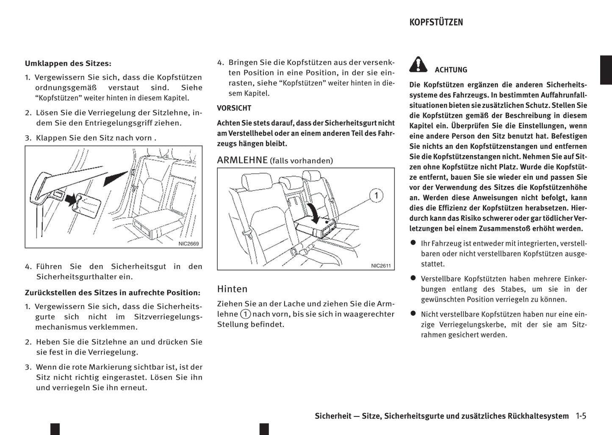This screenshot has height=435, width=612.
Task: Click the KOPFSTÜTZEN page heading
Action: click(x=436, y=22)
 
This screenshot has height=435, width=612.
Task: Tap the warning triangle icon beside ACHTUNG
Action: click(x=418, y=64)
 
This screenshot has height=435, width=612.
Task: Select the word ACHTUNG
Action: click(x=451, y=70)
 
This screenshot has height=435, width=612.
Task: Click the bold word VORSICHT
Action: click(x=234, y=108)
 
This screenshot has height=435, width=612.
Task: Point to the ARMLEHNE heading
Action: click(x=242, y=160)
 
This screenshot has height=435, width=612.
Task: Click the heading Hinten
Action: click(x=232, y=289)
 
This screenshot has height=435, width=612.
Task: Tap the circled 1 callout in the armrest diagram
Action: click(x=376, y=195)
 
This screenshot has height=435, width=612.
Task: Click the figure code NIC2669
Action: click(x=188, y=244)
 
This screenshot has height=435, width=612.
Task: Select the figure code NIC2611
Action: click(x=381, y=266)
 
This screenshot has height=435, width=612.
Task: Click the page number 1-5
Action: click(x=581, y=416)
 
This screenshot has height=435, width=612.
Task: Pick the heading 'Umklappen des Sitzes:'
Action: click(x=68, y=64)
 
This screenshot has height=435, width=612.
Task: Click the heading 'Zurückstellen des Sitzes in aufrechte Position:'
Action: click(x=112, y=293)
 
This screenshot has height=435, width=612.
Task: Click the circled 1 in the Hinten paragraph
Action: click(x=245, y=314)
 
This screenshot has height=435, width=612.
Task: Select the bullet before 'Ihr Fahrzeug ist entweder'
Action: click(x=413, y=243)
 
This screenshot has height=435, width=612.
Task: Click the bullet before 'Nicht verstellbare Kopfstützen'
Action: click(x=413, y=314)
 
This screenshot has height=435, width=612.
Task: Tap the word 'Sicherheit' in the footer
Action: click(x=333, y=416)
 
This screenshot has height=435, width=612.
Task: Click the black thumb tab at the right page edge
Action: click(x=606, y=70)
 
